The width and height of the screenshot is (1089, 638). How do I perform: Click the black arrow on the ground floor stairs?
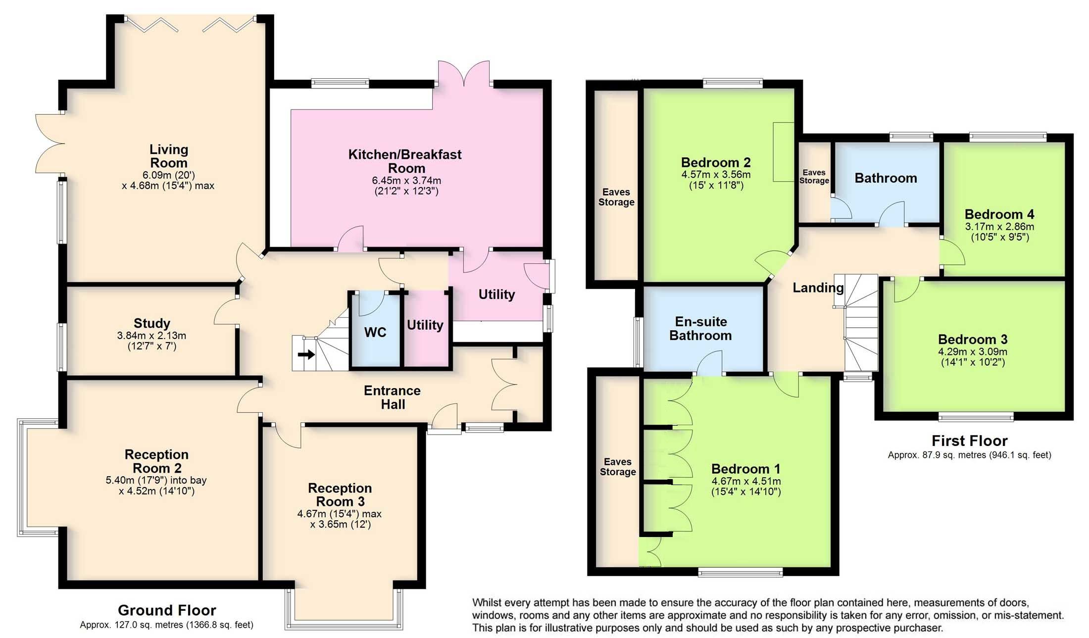[x=306, y=354]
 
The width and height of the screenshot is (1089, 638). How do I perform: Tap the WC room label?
[x=375, y=332]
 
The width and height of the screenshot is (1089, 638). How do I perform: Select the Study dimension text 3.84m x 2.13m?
[x=151, y=336]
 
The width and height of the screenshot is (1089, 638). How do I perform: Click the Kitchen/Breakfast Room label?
[x=405, y=161]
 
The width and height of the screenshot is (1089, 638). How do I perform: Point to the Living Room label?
[x=169, y=156]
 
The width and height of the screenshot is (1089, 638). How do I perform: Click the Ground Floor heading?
[x=167, y=610]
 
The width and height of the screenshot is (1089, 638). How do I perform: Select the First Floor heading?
[x=969, y=441]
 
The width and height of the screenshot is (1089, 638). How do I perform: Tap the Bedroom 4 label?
[x=999, y=214]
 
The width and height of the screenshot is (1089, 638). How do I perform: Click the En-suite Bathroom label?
[x=701, y=328]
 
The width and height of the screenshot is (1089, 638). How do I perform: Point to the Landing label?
[x=818, y=288]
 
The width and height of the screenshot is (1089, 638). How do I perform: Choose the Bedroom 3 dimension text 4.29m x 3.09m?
[x=973, y=352]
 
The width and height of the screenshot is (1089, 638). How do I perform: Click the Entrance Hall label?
[x=393, y=397]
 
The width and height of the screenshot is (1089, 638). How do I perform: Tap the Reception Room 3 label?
[x=340, y=494]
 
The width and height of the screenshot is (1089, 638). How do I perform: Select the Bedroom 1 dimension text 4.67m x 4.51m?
[x=746, y=481]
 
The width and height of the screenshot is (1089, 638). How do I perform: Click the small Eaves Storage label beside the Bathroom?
[x=814, y=176]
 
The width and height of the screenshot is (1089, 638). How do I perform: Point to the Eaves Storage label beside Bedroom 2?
[x=616, y=197]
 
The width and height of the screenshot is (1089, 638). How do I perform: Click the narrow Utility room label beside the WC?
[x=425, y=325]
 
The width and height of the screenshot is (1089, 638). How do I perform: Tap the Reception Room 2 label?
[x=156, y=461]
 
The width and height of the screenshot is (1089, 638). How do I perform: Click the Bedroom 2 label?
[x=716, y=162]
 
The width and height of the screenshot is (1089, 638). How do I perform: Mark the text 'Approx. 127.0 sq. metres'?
[x=132, y=625]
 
